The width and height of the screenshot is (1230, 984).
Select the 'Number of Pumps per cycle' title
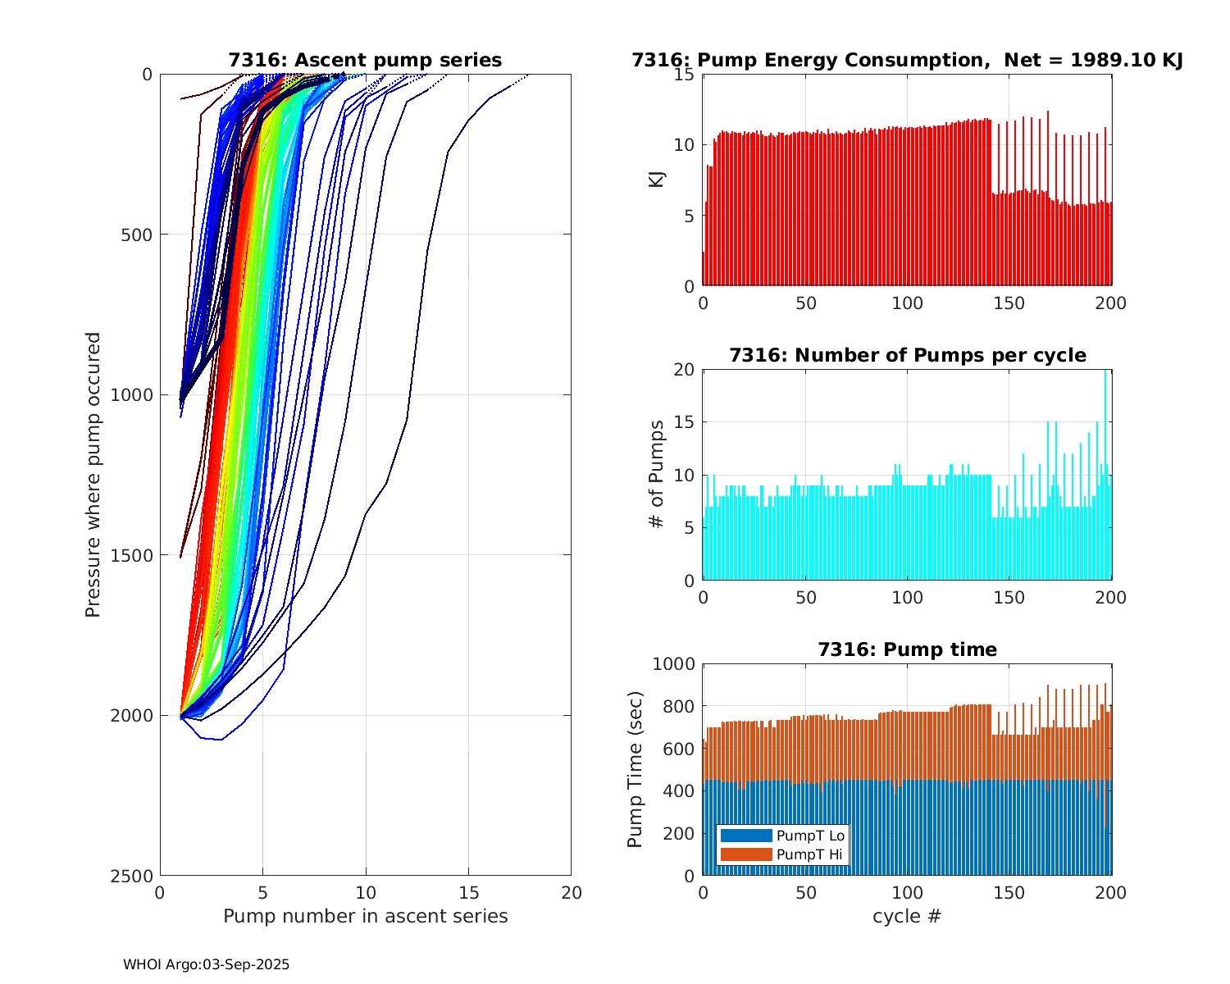click(907, 355)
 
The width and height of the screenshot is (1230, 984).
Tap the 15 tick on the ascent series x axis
click(468, 892)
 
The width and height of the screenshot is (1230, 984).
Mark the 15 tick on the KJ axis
click(685, 75)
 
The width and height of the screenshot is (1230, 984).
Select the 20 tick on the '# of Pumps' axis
click(685, 370)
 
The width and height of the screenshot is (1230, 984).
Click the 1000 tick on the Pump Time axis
click(673, 664)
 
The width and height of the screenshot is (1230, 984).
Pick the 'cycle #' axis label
click(907, 915)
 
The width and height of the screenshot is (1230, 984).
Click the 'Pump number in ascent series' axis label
click(365, 915)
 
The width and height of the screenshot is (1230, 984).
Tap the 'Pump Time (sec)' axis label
click(635, 769)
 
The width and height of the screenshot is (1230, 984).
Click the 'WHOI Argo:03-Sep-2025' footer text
click(206, 964)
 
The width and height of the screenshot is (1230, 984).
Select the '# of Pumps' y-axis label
click(656, 474)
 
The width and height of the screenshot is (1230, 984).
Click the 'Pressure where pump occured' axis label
click(93, 474)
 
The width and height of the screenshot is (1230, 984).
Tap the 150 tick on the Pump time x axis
click(1009, 892)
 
